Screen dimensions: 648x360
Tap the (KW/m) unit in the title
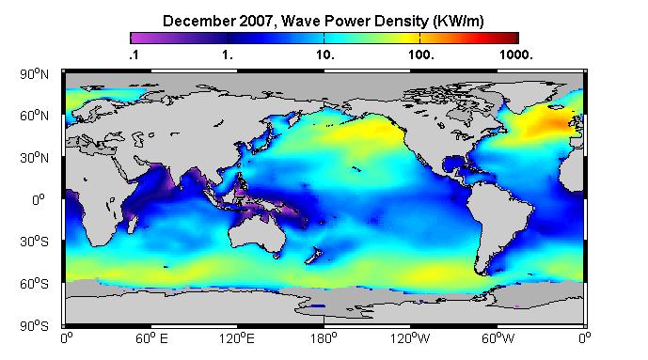pos(458,21)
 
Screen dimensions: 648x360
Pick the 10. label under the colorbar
pos(325,55)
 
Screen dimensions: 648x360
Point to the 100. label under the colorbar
pos(421,55)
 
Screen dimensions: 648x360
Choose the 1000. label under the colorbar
pos(515,55)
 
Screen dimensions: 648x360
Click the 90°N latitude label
pos(34,74)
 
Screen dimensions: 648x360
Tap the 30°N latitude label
pos(34,158)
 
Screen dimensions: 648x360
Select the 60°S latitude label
pos(34,284)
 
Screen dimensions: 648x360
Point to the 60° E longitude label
pos(151,338)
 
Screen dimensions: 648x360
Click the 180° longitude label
pos(324,338)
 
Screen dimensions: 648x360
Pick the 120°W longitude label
pos(410,338)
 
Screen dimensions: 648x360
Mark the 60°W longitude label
pos(498,338)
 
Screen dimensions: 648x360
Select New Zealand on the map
pos(313,256)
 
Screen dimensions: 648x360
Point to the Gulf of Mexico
pos(452,164)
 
